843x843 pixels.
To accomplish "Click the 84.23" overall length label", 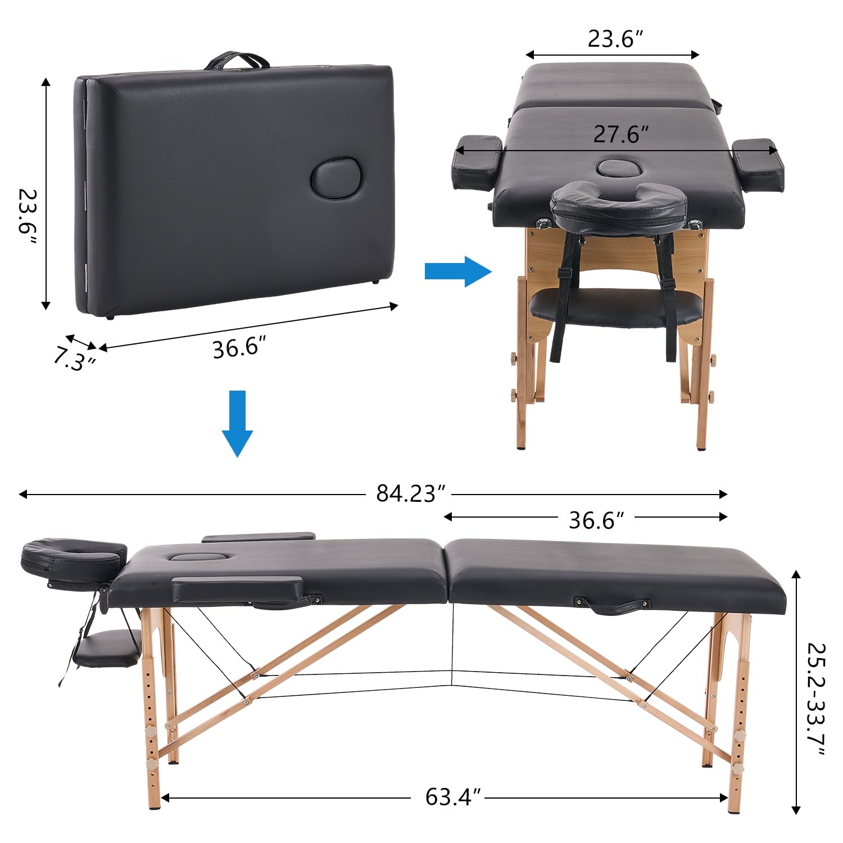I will (410, 493).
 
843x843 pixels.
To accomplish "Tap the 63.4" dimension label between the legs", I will (453, 797).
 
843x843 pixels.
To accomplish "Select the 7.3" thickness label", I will (74, 359).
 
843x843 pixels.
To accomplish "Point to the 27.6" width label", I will (620, 134).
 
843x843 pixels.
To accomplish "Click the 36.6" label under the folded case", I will (238, 348).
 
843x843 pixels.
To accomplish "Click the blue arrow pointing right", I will (458, 271).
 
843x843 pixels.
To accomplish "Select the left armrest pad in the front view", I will (477, 161).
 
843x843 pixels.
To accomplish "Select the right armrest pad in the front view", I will (758, 164).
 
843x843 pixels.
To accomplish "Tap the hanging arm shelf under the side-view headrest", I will (107, 649).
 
